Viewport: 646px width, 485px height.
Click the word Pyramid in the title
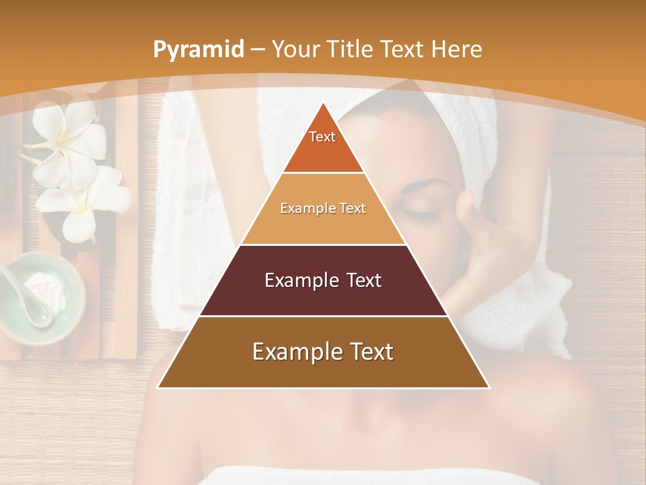click(x=199, y=50)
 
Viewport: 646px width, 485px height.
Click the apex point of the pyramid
click(x=323, y=103)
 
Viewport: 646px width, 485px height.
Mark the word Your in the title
click(x=296, y=50)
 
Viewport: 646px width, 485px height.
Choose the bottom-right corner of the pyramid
click(x=489, y=388)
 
